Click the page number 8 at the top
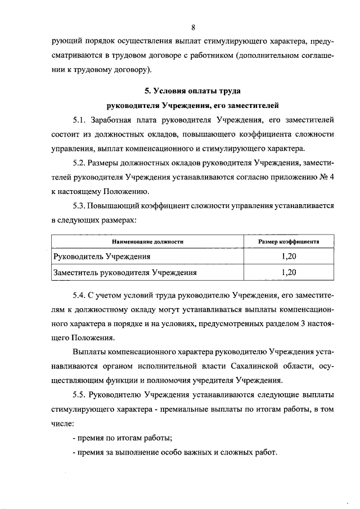coord(193,27)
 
